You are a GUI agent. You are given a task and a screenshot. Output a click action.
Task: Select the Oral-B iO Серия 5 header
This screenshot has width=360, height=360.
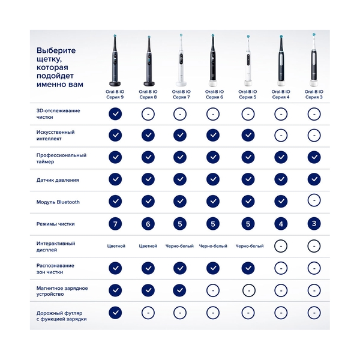pos(247,94)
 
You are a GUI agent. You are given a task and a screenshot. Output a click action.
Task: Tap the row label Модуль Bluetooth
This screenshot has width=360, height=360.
pos(58,202)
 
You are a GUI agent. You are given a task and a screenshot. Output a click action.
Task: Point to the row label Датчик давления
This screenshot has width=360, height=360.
pos(58,179)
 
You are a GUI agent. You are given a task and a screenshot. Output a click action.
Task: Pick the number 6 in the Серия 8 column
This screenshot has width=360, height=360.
pos(148,224)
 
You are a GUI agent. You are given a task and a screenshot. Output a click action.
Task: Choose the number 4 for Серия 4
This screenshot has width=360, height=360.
pos(280,224)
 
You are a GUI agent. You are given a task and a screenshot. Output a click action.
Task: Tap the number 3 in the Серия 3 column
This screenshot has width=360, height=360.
pos(313,224)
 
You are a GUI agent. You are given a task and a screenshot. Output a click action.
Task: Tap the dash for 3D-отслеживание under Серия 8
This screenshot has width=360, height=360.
pos(148,113)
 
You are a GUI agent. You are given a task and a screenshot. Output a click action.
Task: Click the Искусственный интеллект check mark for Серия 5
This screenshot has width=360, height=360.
pos(247,135)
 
